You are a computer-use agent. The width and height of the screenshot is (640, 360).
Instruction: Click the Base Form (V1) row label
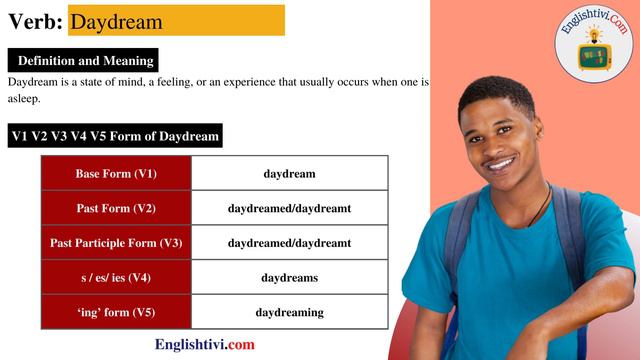(116, 174)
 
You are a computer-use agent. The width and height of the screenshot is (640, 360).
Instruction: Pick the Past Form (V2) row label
(116, 208)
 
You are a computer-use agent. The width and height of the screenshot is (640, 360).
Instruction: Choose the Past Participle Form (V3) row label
(116, 243)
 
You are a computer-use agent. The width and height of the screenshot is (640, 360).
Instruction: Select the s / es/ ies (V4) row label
(116, 277)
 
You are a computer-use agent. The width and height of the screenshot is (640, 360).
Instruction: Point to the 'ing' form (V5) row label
(116, 312)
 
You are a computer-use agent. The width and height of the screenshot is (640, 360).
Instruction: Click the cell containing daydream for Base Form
(289, 174)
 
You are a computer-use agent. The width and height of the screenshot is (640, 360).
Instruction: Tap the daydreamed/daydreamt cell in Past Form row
(289, 208)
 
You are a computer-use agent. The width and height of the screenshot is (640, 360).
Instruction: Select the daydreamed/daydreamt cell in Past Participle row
(289, 243)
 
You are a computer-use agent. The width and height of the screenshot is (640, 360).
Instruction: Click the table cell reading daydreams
(289, 277)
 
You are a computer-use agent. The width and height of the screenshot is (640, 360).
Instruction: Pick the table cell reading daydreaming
(289, 312)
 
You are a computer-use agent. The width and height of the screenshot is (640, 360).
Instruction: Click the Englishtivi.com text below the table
(204, 345)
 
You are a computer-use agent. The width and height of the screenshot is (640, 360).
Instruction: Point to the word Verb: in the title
(36, 21)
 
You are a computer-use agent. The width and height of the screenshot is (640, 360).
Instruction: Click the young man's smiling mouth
(499, 163)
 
